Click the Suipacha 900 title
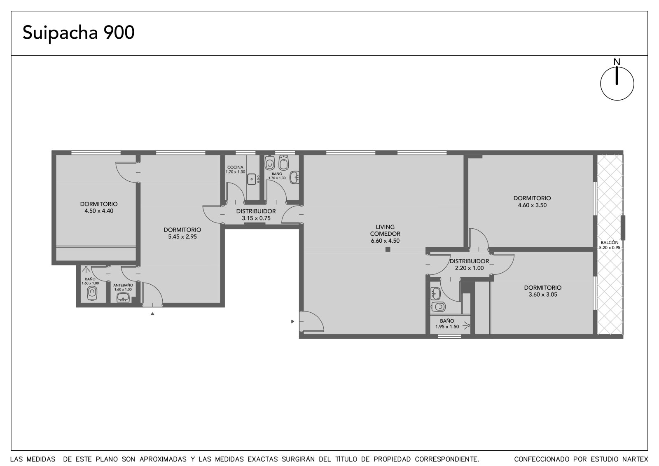79,33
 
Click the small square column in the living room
388,249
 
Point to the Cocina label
235,167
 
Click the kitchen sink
252,179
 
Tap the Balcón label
609,243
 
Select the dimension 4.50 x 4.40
99,211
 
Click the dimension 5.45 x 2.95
182,237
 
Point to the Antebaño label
123,285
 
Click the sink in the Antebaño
123,297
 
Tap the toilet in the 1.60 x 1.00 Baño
92,293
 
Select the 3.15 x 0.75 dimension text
256,218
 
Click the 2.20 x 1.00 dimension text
469,268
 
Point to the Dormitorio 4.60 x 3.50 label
532,201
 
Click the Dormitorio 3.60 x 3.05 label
543,291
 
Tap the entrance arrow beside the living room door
292,321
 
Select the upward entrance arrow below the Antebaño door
152,314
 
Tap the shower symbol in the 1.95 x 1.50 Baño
466,325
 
